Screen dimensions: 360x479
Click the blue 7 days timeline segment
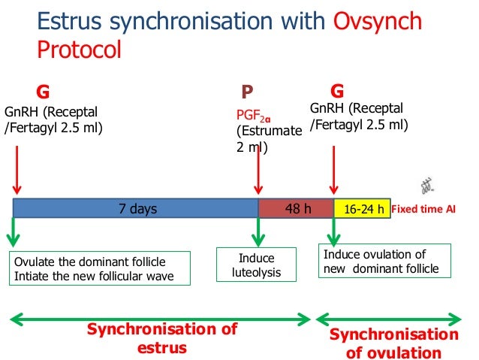136,209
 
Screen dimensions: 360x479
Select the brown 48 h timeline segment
296,209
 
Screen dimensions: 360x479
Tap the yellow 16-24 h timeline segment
363,209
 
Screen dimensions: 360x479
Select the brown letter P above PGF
247,92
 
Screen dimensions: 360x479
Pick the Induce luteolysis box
256,265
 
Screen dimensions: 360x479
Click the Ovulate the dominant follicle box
99,268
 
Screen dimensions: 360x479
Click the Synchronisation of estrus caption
162,338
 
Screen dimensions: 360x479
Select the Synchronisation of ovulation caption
393,343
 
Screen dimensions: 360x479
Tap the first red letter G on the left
44,92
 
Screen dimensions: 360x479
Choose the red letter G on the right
337,92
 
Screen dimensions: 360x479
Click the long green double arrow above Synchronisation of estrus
159,320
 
